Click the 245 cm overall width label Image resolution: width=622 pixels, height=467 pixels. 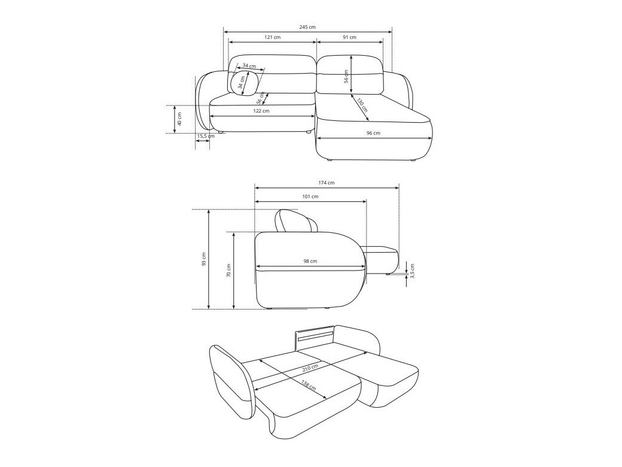tap(307, 27)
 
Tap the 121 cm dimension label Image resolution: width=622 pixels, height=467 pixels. tap(272, 37)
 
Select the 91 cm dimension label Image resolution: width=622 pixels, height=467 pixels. tap(349, 37)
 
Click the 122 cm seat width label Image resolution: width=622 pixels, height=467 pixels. tap(261, 111)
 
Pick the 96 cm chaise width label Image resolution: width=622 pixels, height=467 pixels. tap(373, 133)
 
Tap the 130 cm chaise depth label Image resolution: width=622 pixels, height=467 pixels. tap(362, 104)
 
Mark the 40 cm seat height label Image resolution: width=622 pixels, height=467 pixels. tap(179, 119)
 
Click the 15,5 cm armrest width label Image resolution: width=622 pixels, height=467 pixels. tap(206, 137)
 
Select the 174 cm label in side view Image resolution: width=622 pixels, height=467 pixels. tap(326, 183)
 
